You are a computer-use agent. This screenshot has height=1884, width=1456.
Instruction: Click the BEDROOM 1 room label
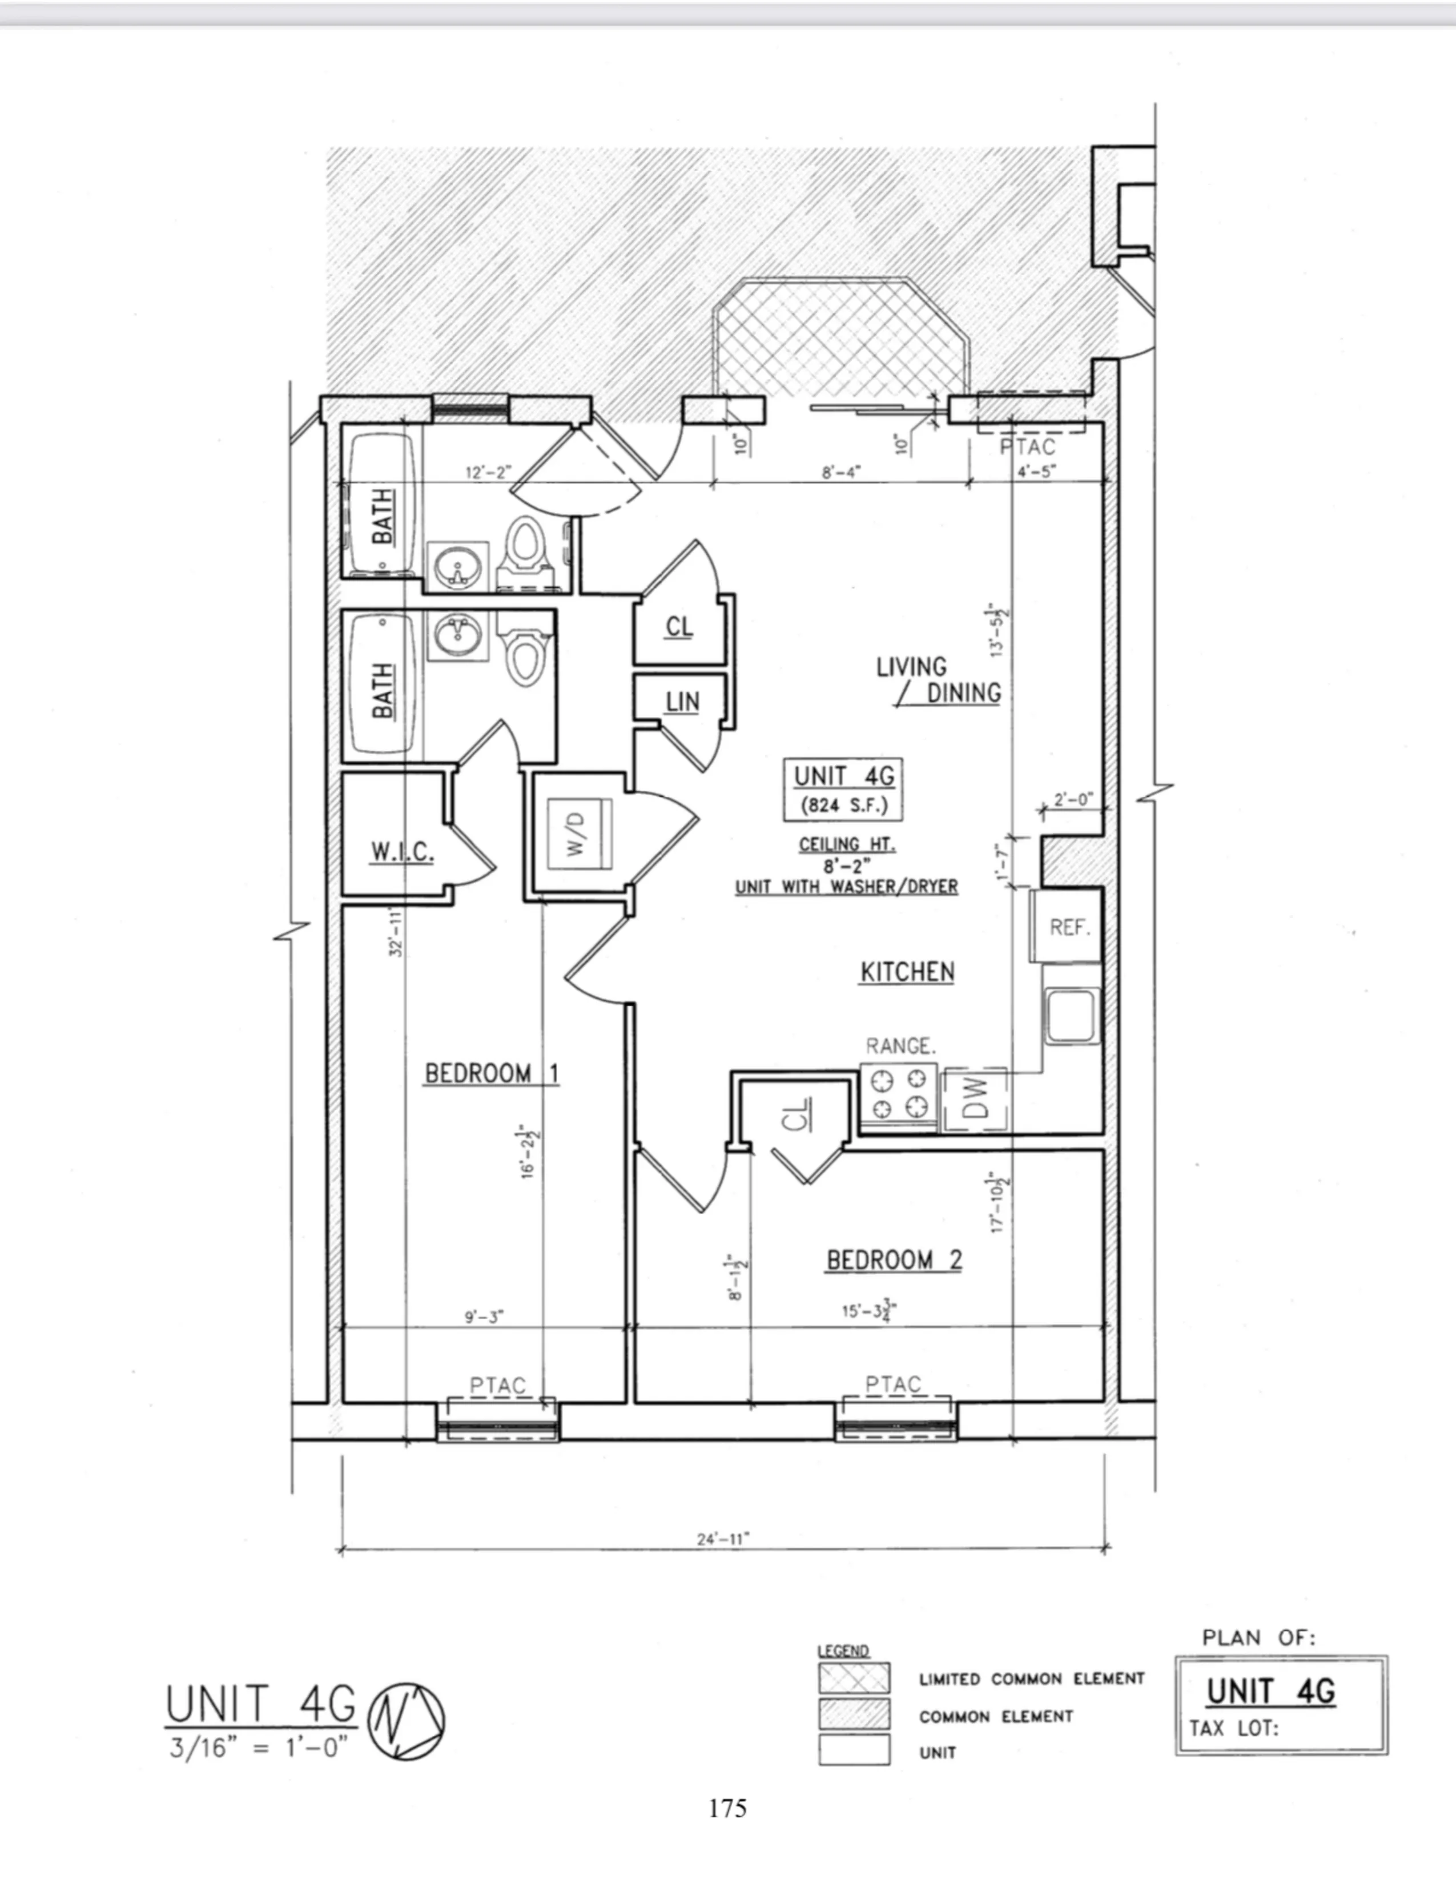[492, 1073]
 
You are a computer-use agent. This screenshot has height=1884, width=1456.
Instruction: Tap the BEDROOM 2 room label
[894, 1261]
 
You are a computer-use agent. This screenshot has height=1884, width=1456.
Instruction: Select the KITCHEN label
[907, 972]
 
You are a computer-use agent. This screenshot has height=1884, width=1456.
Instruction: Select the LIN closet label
[681, 702]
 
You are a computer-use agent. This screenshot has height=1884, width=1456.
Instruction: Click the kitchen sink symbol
[1071, 1015]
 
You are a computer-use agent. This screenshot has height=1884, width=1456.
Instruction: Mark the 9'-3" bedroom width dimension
[484, 1317]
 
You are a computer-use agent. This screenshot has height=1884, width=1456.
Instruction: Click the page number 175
[727, 1808]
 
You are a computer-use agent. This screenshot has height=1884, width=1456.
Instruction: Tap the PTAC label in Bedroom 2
[893, 1384]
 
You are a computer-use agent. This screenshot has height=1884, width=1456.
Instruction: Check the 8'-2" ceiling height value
[845, 866]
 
